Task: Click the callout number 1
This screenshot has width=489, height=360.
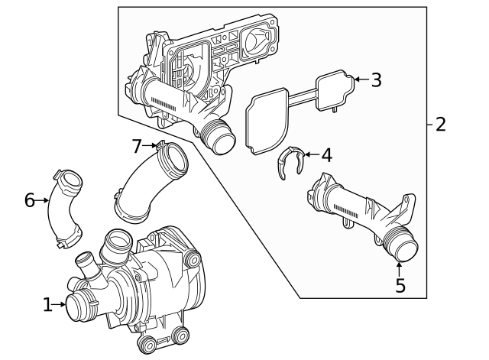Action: (47, 305)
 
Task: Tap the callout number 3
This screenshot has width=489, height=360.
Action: (375, 79)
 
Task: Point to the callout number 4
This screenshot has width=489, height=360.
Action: (326, 155)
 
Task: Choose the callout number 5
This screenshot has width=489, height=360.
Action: (400, 285)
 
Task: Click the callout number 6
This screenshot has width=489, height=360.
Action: (29, 200)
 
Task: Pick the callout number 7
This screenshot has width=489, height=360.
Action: (137, 144)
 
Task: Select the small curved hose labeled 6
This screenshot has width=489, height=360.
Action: (62, 210)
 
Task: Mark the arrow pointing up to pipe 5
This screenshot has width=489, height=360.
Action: (400, 268)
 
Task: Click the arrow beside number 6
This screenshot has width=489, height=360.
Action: (44, 200)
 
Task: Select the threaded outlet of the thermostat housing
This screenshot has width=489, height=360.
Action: (218, 139)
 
